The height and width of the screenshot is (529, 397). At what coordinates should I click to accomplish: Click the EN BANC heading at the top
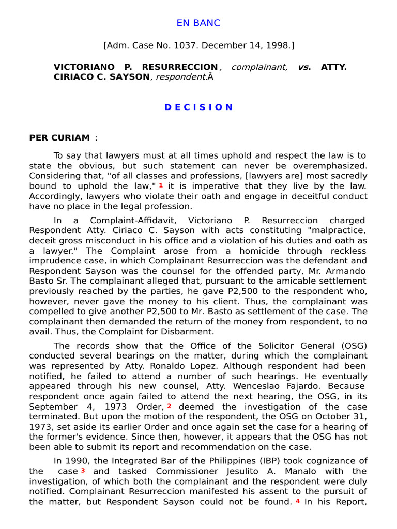point(198,23)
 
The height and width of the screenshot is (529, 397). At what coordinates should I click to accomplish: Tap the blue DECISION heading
point(198,107)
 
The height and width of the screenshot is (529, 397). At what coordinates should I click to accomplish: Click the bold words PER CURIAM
point(59,137)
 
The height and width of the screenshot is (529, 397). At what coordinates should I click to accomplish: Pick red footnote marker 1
point(161,184)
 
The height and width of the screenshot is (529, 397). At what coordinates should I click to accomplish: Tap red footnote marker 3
point(83,470)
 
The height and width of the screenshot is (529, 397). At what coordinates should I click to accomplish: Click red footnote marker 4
point(297,501)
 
